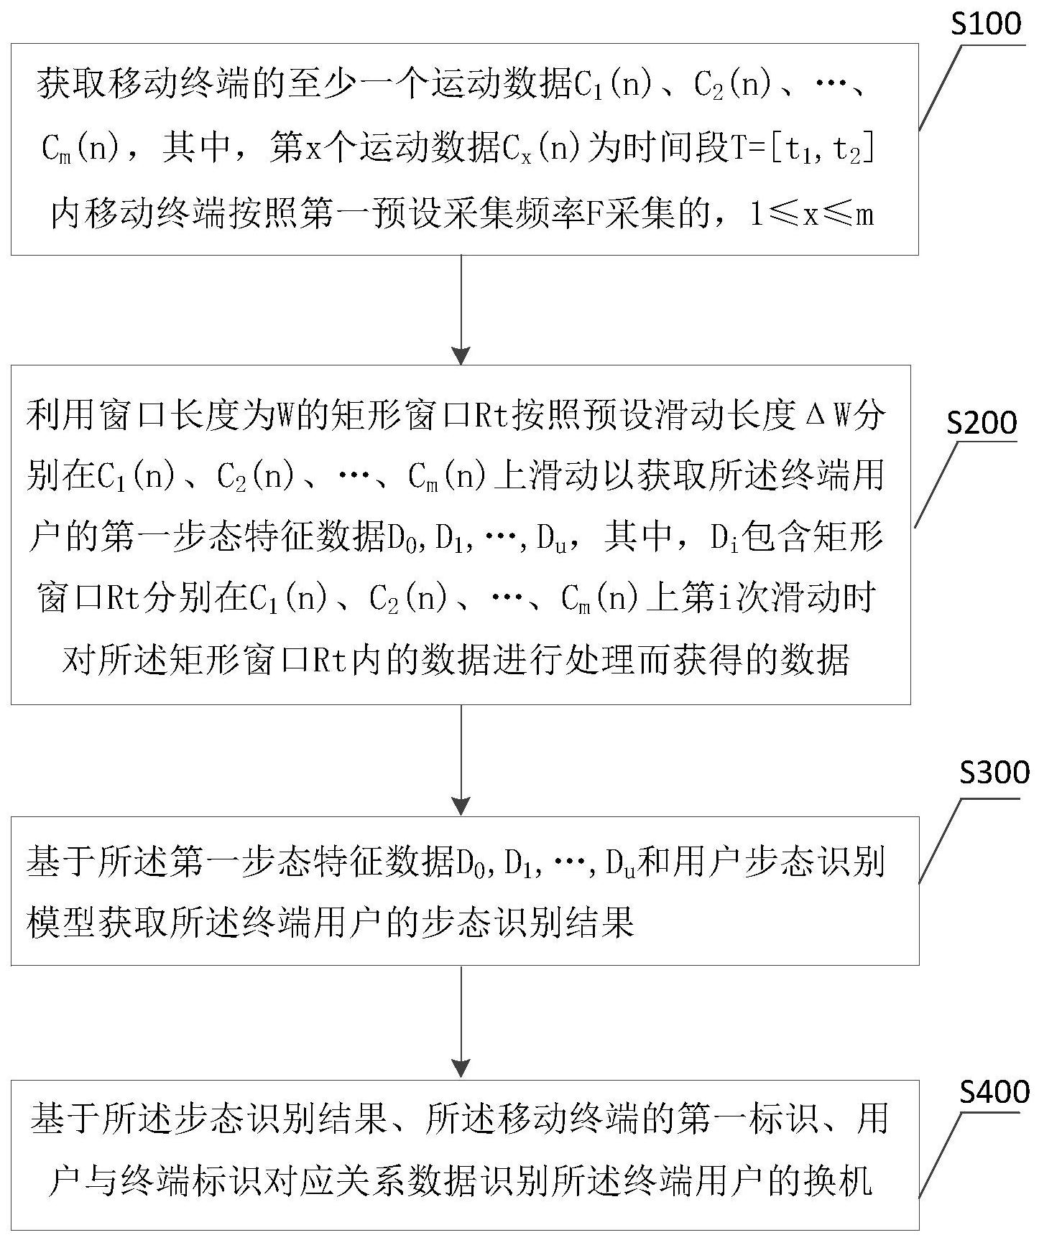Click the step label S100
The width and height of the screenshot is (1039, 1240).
coord(985,24)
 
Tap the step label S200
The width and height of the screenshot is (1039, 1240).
coord(981,424)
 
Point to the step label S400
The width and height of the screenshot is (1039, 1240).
coord(994,1093)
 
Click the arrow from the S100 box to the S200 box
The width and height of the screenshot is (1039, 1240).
coord(461,309)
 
